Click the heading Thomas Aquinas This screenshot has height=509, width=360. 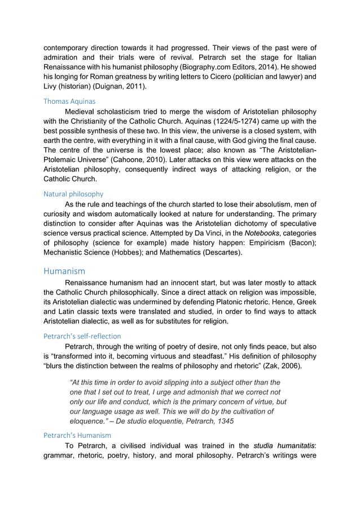(71, 101)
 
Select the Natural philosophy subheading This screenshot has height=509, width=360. (73, 193)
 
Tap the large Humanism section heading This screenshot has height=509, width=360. (64, 271)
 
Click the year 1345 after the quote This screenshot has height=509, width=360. (223, 422)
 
